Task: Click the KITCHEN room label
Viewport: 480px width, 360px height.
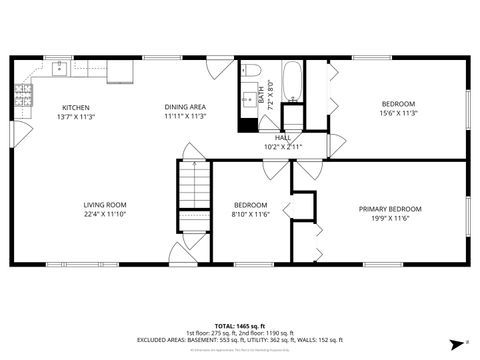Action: [x=77, y=107]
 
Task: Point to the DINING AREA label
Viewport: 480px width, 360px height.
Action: [x=185, y=107]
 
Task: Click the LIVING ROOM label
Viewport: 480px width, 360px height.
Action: [x=104, y=205]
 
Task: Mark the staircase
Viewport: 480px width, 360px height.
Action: [x=193, y=195]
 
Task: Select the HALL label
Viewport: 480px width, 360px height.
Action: [x=282, y=138]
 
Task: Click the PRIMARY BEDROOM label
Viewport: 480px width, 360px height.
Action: [x=390, y=209]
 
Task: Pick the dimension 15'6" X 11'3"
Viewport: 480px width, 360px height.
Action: [x=398, y=113]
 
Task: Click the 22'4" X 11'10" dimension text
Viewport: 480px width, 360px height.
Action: [x=104, y=214]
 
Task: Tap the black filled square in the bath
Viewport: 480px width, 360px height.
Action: [x=247, y=125]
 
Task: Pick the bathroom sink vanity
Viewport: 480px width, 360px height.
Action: [x=247, y=100]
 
